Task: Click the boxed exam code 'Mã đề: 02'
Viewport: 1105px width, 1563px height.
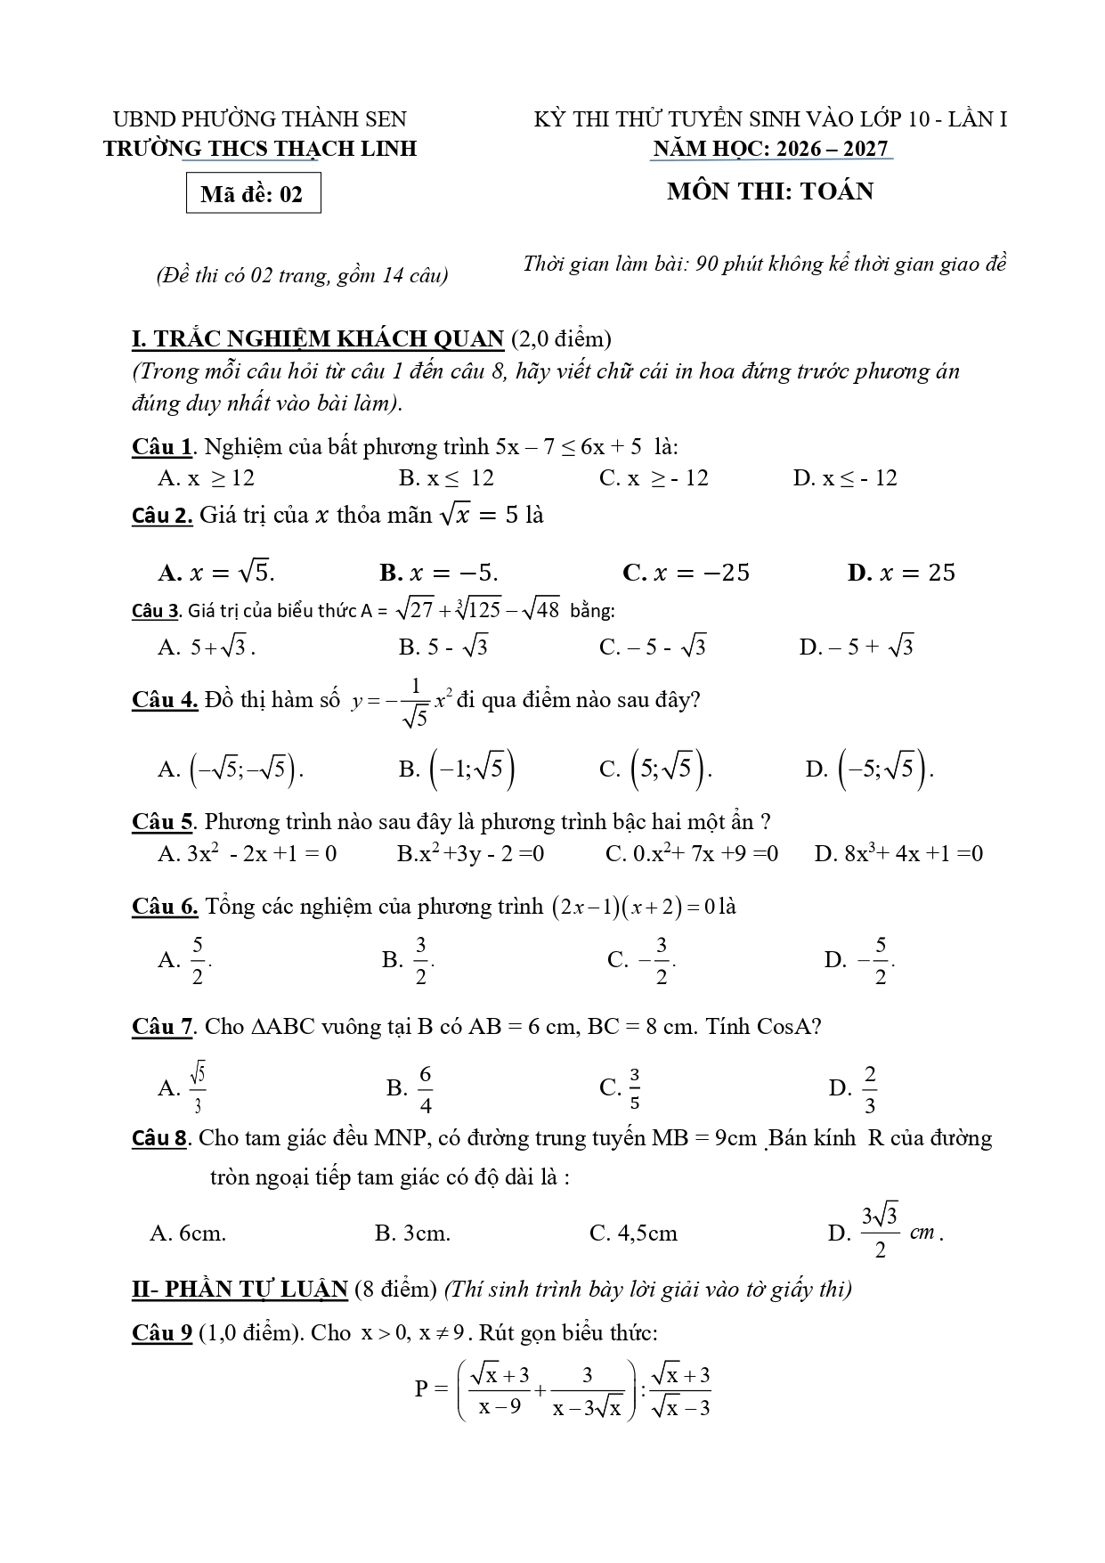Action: click(253, 194)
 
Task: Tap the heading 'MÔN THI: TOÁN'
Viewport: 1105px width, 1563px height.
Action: click(770, 191)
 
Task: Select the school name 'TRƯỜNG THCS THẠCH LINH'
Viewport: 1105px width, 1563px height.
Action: click(260, 149)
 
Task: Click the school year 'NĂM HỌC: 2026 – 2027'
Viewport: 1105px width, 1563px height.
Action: click(771, 149)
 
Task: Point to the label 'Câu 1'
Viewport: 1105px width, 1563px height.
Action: click(162, 446)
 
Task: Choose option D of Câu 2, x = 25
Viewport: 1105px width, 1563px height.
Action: click(901, 572)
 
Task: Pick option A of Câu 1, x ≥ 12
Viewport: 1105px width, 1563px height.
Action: click(207, 478)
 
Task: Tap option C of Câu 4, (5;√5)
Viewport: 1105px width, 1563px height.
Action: click(656, 768)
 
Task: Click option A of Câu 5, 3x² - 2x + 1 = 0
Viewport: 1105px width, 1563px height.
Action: click(248, 853)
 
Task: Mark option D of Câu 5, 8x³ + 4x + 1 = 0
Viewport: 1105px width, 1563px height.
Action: click(898, 853)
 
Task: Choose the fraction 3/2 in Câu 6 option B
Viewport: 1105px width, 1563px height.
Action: click(421, 959)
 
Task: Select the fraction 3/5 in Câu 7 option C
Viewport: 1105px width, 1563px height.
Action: click(635, 1088)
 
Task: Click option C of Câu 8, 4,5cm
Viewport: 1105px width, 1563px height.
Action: click(633, 1233)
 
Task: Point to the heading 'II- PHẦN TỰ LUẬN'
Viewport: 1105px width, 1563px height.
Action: click(240, 1289)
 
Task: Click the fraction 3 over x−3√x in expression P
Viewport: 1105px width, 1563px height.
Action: click(587, 1391)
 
